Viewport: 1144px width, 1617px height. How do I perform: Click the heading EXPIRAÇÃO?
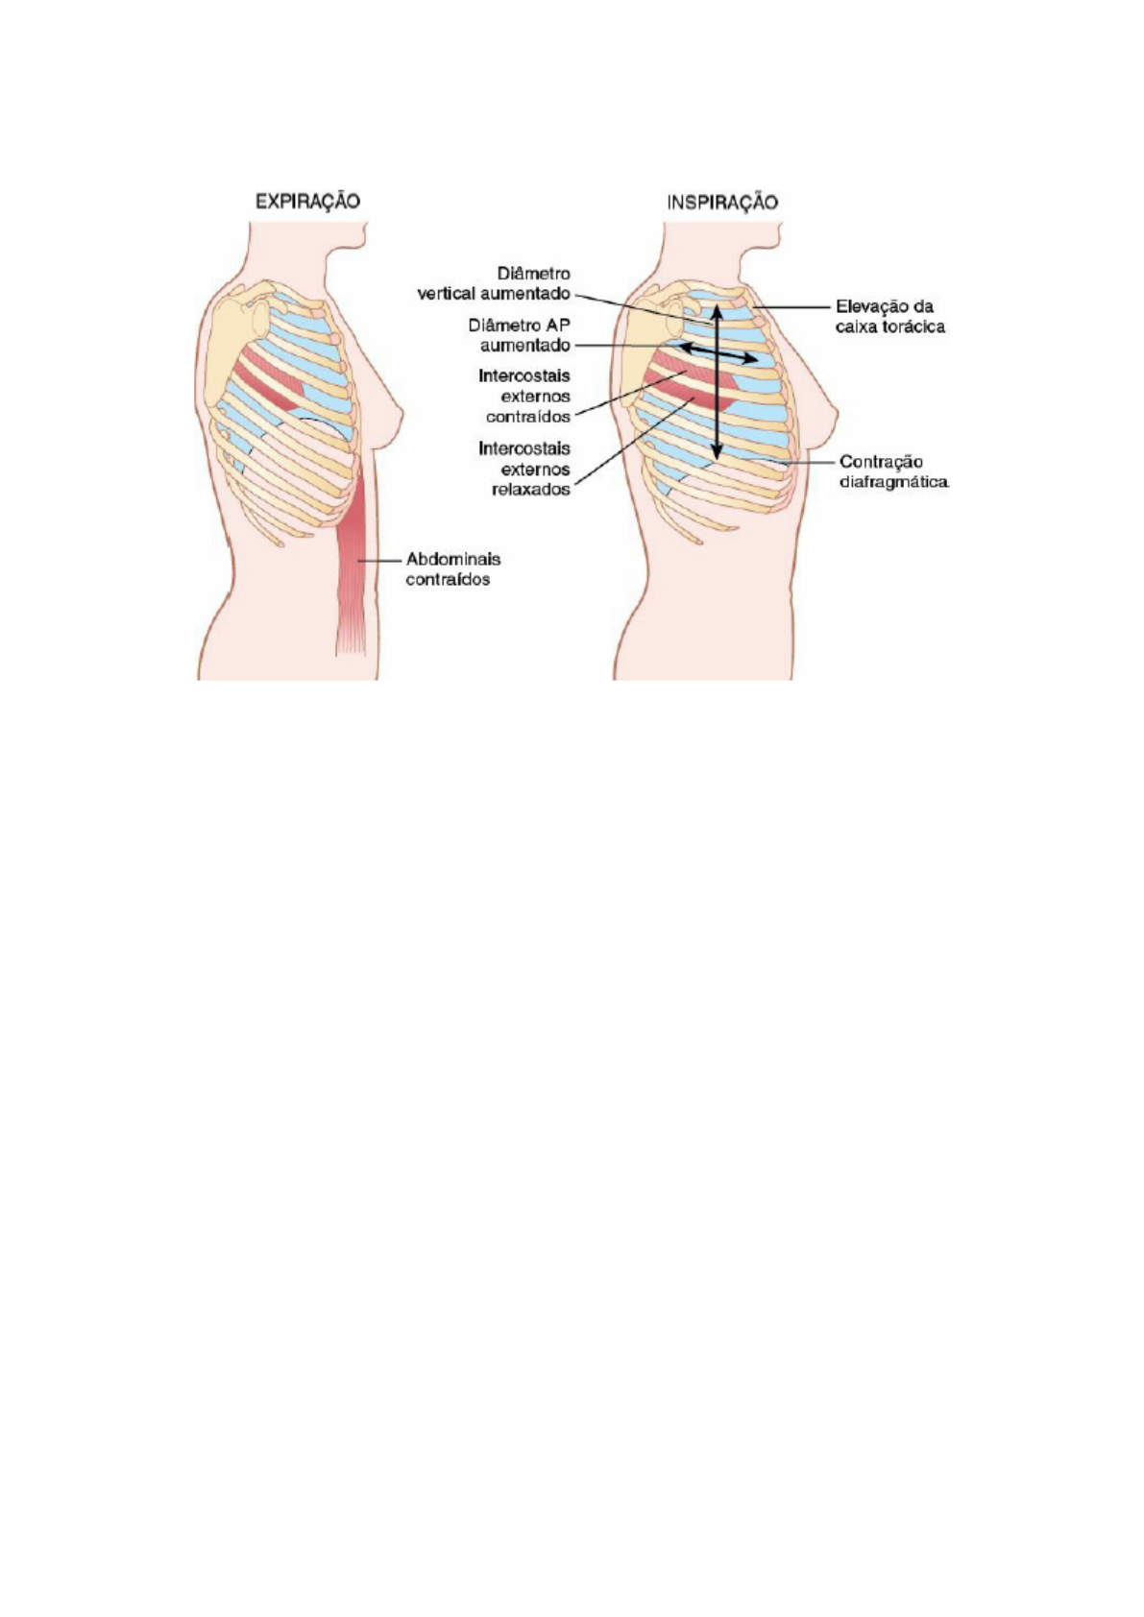point(307,202)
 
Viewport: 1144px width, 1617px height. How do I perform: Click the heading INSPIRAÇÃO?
point(722,202)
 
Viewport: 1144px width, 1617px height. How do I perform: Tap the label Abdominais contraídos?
point(452,568)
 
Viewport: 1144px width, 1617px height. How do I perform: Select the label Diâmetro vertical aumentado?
point(494,283)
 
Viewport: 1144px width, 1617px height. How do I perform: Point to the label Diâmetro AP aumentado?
point(524,334)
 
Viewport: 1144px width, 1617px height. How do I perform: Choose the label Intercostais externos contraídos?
point(524,396)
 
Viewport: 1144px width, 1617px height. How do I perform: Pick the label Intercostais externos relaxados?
point(524,469)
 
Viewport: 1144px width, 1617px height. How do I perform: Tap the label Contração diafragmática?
point(893,471)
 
